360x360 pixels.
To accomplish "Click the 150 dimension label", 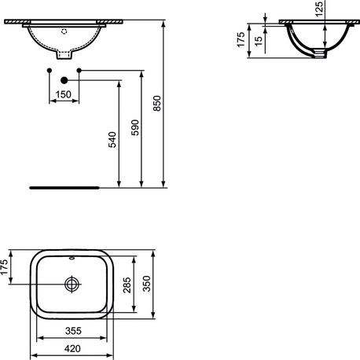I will pos(64,95).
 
